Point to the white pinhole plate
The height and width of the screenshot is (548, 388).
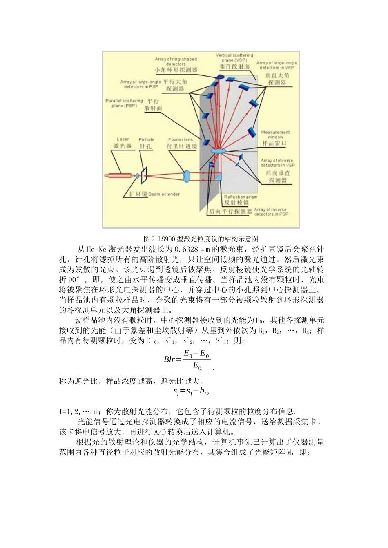144,176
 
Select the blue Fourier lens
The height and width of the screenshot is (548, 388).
187,176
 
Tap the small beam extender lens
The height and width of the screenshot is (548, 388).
137,176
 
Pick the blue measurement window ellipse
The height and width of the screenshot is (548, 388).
218,152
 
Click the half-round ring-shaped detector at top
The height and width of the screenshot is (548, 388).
219,77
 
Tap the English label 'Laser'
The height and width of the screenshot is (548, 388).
123,139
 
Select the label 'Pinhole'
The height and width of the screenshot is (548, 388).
146,139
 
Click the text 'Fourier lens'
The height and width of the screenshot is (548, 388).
180,139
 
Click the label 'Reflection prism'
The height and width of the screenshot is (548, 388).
241,197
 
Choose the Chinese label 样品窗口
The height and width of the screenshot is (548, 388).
274,144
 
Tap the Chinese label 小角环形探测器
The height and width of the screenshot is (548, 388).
176,70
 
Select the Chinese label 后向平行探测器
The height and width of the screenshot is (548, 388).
230,212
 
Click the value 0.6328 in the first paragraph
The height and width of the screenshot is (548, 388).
186,250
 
